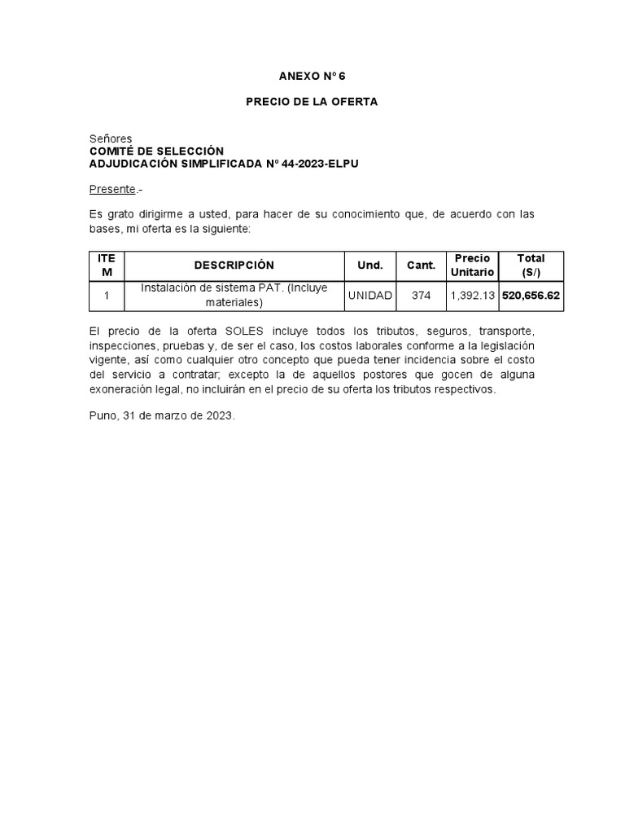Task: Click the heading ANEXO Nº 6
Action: [x=312, y=77]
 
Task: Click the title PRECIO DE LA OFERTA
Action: [x=312, y=103]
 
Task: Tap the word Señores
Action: [x=111, y=139]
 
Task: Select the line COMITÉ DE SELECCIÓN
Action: [x=155, y=151]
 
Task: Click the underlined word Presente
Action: [x=112, y=189]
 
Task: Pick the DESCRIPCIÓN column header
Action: [x=234, y=266]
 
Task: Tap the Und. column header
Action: [x=369, y=266]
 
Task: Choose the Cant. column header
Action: [x=421, y=266]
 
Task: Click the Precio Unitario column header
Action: [x=472, y=266]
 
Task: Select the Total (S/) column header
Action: [x=531, y=266]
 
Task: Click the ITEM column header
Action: [x=107, y=266]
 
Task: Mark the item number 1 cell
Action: [x=107, y=296]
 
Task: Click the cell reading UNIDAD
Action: [x=369, y=296]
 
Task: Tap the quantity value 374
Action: [x=421, y=296]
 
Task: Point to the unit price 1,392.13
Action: [x=472, y=296]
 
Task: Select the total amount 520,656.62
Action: [x=531, y=296]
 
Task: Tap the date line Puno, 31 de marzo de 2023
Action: [x=162, y=415]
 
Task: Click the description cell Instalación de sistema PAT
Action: [x=234, y=295]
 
